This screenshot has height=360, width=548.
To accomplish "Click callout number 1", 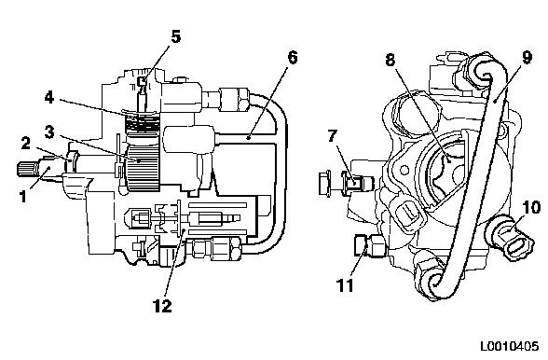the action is (23, 196).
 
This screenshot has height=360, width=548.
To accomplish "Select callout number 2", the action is (25, 143).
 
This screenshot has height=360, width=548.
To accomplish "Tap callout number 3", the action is (49, 132).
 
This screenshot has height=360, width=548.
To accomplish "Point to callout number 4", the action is (49, 98).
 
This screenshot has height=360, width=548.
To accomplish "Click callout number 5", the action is (176, 36).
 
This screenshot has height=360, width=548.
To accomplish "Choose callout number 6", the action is (293, 58).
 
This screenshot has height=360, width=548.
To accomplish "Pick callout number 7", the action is (333, 135).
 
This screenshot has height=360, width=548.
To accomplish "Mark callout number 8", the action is (390, 60).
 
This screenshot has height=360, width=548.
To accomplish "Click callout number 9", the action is (527, 58).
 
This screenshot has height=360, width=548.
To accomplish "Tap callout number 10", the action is (531, 207).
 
